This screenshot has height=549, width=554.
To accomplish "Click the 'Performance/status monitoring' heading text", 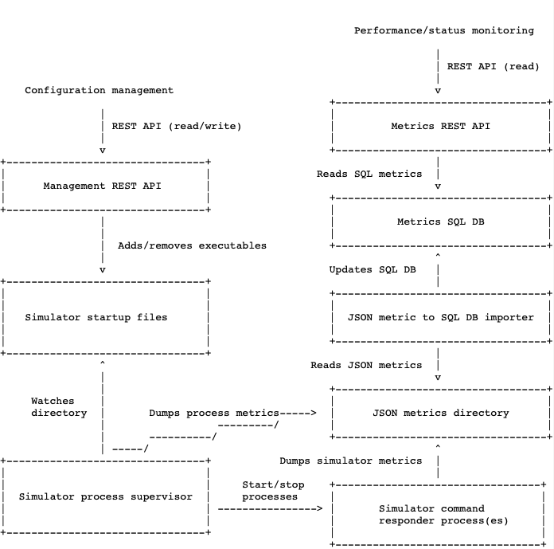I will (443, 30).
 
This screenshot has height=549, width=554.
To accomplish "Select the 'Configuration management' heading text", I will (99, 90).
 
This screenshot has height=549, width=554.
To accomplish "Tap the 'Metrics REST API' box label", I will (440, 126).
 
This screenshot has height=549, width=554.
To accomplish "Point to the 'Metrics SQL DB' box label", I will (440, 222).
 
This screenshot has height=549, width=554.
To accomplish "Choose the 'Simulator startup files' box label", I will (96, 317).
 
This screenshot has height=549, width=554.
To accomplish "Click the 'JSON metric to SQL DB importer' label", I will (440, 317).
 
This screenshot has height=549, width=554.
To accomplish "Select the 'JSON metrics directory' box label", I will (440, 413).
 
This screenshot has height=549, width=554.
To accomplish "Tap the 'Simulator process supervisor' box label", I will (105, 496).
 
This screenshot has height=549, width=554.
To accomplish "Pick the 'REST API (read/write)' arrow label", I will (176, 126).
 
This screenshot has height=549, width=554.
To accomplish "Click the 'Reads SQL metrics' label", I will (369, 174).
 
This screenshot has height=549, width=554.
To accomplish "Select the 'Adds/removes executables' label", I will (192, 245).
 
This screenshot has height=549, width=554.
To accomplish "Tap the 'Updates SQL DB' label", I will (373, 269).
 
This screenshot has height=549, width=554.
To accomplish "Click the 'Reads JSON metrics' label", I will (366, 365).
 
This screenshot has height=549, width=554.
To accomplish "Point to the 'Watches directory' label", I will (59, 406).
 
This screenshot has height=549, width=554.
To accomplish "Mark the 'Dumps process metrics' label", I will (213, 413).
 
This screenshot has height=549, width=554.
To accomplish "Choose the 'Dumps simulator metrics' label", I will (351, 461).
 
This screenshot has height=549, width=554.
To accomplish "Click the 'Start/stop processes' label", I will (272, 490).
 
